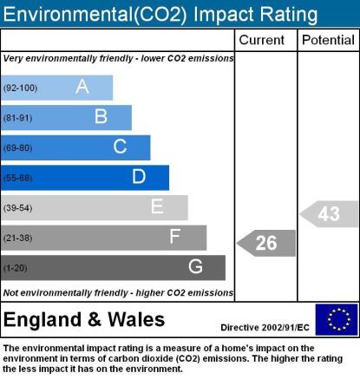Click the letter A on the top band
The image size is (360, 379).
[x=82, y=87]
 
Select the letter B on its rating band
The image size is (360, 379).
[x=101, y=116]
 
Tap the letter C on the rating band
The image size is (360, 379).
[x=120, y=147]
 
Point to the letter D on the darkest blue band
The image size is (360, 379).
[x=139, y=176]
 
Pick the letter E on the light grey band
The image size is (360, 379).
[x=157, y=206]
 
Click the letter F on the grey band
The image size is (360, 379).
[x=175, y=236]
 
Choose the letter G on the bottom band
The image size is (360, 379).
[x=195, y=266]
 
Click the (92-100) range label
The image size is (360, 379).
[x=20, y=88]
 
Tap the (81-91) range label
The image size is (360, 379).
[x=17, y=118]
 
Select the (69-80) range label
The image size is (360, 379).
[x=17, y=148]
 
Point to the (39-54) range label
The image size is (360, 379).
[x=17, y=208]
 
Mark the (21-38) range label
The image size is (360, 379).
[x=17, y=238]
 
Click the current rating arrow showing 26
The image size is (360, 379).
[x=266, y=243]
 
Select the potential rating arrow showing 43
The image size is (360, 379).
[x=329, y=214]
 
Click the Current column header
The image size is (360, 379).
[x=262, y=40]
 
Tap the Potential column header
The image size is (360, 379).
[x=328, y=40]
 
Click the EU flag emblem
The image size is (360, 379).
[x=337, y=319]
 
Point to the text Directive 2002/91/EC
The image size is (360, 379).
[x=265, y=328]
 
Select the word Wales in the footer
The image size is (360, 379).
[x=136, y=320]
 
